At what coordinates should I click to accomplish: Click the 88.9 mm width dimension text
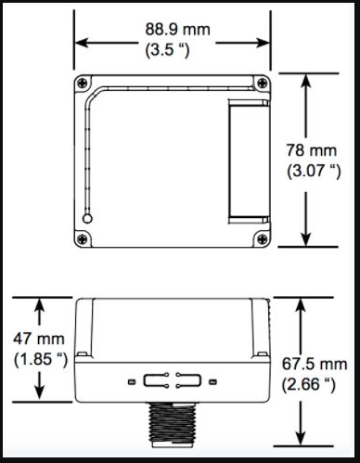pyautogui.click(x=176, y=30)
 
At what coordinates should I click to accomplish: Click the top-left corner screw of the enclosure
pyautogui.click(x=84, y=83)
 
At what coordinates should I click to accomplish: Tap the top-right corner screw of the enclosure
pyautogui.click(x=264, y=83)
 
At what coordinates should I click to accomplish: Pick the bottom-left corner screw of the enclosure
pyautogui.click(x=84, y=238)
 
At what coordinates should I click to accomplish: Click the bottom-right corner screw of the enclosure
pyautogui.click(x=264, y=238)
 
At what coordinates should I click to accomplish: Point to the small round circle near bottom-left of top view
pyautogui.click(x=88, y=219)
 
